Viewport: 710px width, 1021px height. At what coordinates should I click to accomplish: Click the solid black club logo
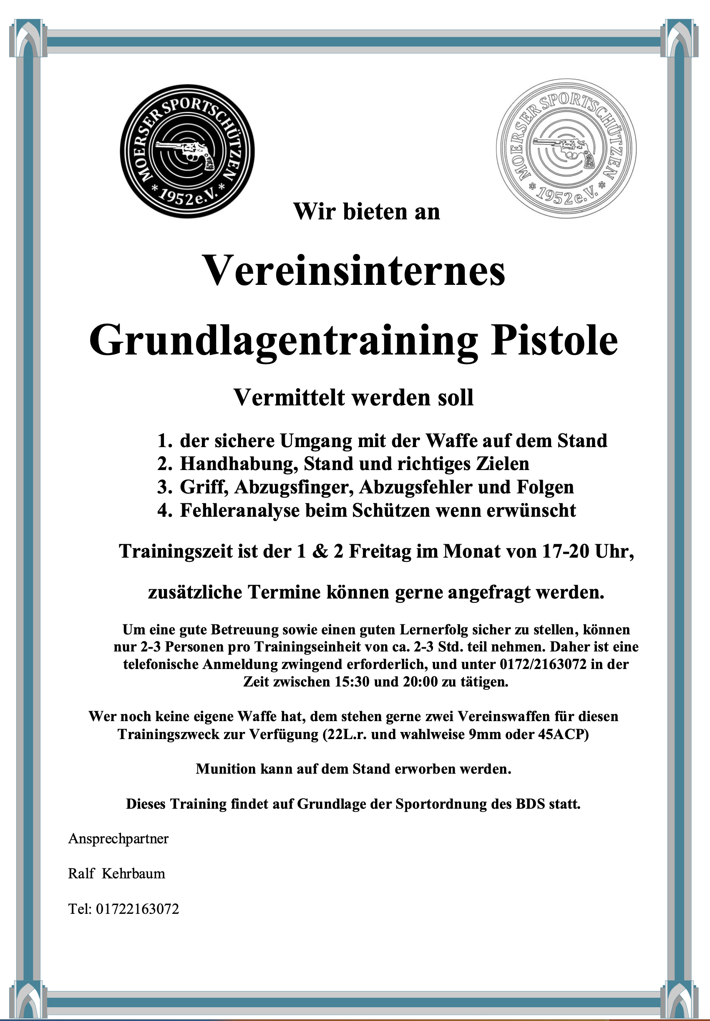187,151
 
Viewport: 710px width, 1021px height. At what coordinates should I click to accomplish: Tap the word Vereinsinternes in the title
354,271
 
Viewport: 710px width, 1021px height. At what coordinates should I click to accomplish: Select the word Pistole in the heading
554,341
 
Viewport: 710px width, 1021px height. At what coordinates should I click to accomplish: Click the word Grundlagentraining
283,341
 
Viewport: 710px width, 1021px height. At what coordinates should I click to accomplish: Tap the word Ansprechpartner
118,839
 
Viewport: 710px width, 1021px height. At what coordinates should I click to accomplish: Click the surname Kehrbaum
133,874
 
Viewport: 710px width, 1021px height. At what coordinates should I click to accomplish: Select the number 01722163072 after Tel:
138,909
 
